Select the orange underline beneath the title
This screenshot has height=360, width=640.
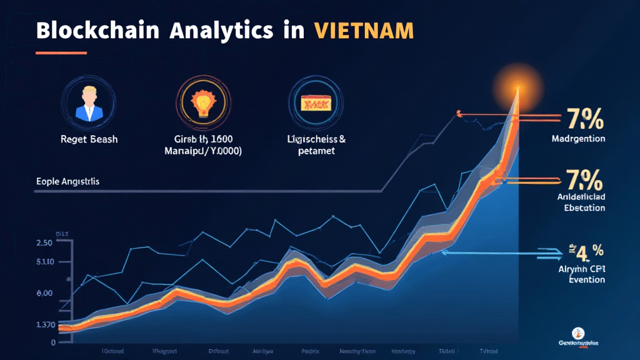pos(60,52)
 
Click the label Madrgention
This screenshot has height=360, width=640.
pos(578,139)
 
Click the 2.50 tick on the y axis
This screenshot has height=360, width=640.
pos(44,242)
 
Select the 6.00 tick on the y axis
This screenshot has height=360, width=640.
pos(44,292)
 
